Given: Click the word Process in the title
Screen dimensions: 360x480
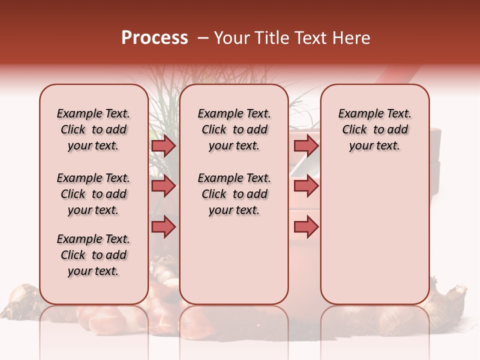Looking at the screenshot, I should click(154, 38).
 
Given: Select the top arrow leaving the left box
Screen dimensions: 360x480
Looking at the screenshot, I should click(163, 145).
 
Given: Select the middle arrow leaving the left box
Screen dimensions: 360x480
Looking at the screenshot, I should click(163, 186).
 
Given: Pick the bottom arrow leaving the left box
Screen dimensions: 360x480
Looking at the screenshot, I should click(163, 226).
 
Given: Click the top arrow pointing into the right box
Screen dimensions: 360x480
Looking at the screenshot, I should click(306, 145).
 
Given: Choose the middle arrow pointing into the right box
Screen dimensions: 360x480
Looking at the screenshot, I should click(306, 186).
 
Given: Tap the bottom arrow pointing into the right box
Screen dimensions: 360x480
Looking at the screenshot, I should click(306, 226).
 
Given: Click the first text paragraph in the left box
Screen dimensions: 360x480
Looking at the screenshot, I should click(93, 129).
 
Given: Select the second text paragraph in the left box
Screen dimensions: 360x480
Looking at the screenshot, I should click(93, 194).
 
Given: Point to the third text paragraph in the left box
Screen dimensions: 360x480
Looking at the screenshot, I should click(93, 255).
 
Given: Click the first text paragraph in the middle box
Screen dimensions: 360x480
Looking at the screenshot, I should click(234, 129).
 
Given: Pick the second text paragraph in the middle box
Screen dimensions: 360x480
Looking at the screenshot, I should click(234, 194).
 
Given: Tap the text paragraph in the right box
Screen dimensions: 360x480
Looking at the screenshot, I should click(374, 129).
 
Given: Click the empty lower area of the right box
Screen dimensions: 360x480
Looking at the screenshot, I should click(374, 235).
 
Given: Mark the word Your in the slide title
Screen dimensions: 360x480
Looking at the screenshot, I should click(231, 38).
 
